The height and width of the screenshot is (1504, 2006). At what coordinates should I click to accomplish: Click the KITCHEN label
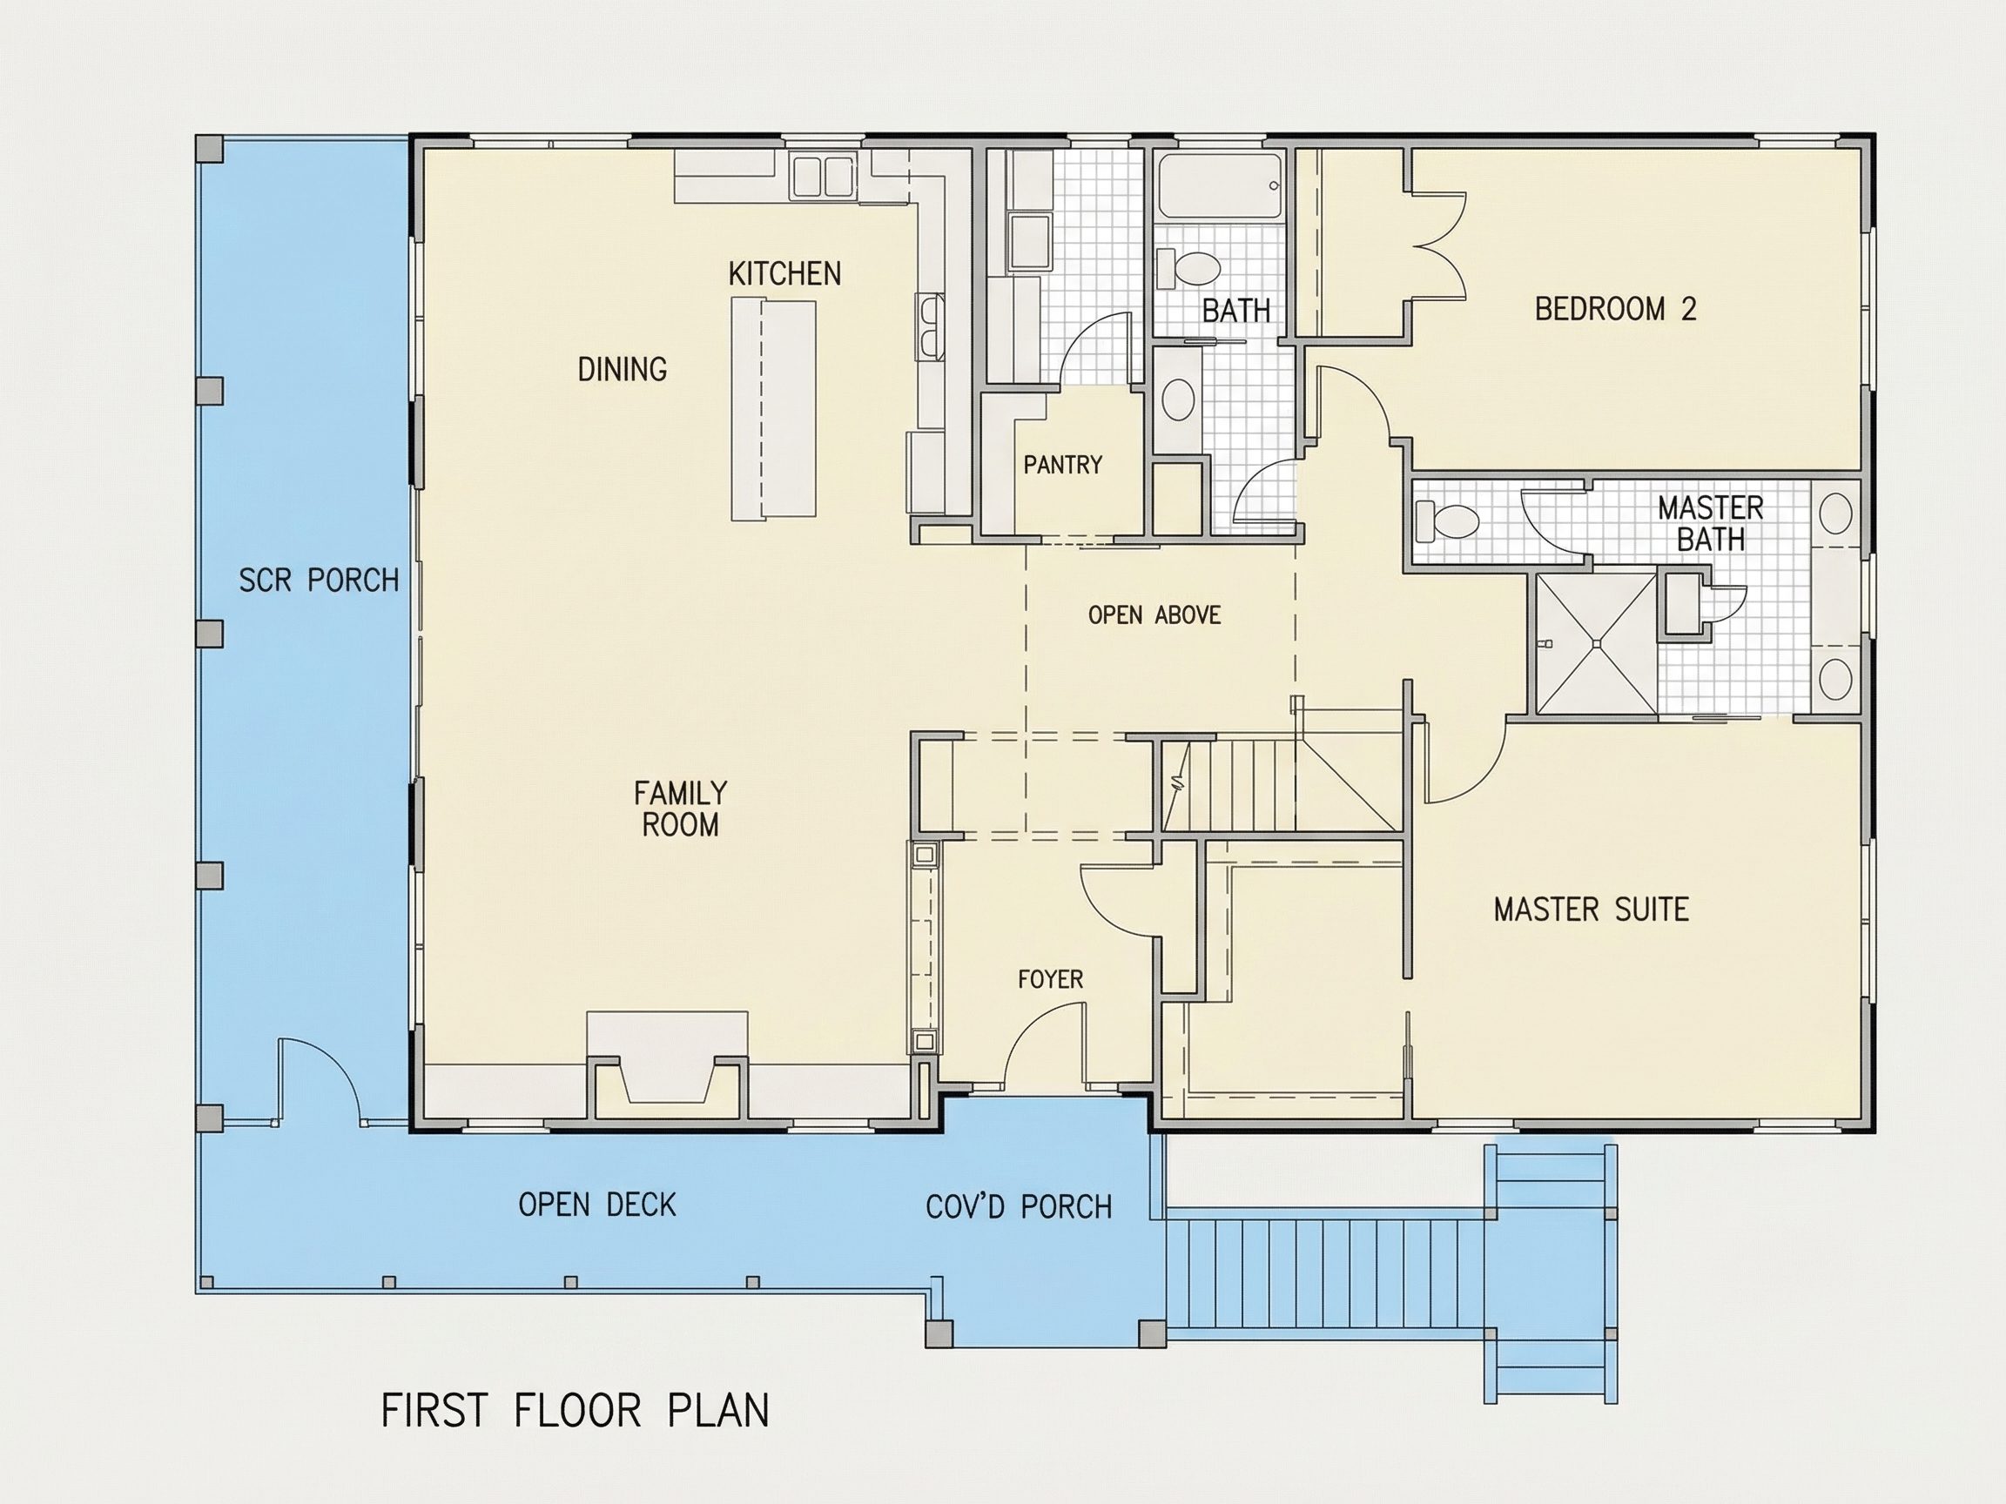(784, 273)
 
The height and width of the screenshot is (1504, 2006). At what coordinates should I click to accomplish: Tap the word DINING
(623, 369)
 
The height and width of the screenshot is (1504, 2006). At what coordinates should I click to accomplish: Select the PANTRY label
(1063, 465)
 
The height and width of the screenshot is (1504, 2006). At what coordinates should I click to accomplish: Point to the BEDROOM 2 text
(1615, 309)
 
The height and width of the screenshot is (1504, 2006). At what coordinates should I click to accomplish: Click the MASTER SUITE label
(1591, 910)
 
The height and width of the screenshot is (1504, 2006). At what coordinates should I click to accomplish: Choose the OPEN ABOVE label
(1154, 615)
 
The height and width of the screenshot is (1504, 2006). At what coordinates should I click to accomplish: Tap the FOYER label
(1050, 979)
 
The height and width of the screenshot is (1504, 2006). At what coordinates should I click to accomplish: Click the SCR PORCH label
(319, 581)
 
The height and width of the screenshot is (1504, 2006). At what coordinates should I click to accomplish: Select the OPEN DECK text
(597, 1205)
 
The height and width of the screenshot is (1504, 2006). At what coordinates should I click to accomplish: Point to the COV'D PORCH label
(1019, 1206)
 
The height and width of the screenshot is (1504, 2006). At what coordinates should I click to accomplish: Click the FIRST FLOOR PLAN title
(575, 1411)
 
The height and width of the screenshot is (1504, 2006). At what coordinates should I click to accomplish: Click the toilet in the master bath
(1447, 521)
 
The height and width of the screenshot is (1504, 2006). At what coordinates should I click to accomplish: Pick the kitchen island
(773, 411)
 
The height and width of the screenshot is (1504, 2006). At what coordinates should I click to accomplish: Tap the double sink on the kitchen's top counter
(823, 176)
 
